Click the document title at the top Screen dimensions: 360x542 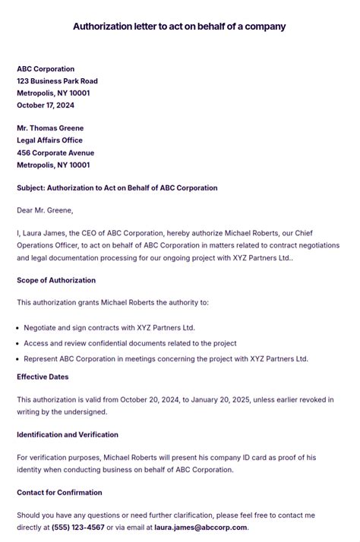pos(179,27)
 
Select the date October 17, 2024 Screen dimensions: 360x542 pos(46,106)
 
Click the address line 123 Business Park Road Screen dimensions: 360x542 pos(57,81)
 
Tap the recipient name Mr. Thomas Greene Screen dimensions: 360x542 pos(50,128)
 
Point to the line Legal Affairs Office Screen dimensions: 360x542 pos(49,140)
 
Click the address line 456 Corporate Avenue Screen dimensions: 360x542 pos(55,153)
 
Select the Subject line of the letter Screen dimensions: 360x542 pos(117,187)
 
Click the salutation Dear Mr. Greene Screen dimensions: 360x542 pos(45,210)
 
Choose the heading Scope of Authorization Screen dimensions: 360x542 pos(56,280)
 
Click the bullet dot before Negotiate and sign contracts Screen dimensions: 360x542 pos(17,328)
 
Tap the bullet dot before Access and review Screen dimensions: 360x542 pos(17,344)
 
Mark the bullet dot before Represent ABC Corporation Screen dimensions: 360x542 pos(17,359)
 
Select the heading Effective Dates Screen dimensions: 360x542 pos(43,377)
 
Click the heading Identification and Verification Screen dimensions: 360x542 pos(68,435)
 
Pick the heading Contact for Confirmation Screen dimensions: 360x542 pos(61,493)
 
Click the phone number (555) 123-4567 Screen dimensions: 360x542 pos(77,528)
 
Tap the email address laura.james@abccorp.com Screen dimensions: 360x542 pos(201,528)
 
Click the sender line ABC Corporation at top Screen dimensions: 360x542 pos(46,69)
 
